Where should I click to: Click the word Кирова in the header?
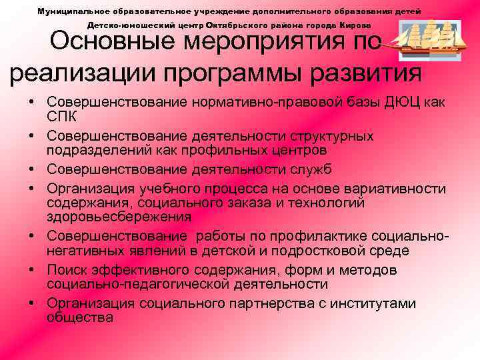[367, 25]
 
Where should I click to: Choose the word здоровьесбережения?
[119, 217]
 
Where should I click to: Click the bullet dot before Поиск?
[32, 271]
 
